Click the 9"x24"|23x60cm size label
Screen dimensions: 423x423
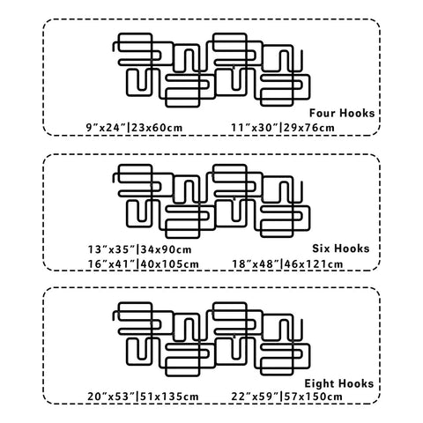134,128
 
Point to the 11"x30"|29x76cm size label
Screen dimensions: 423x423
283,128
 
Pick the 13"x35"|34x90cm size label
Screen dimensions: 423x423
140,249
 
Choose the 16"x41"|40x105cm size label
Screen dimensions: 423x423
144,263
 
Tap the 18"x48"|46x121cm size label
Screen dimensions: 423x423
287,263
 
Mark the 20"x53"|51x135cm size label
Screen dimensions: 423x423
143,397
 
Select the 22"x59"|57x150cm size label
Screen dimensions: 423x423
286,397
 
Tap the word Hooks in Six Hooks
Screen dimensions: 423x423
353,249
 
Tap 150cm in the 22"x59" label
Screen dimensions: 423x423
324,397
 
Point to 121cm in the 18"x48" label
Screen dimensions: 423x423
325,263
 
